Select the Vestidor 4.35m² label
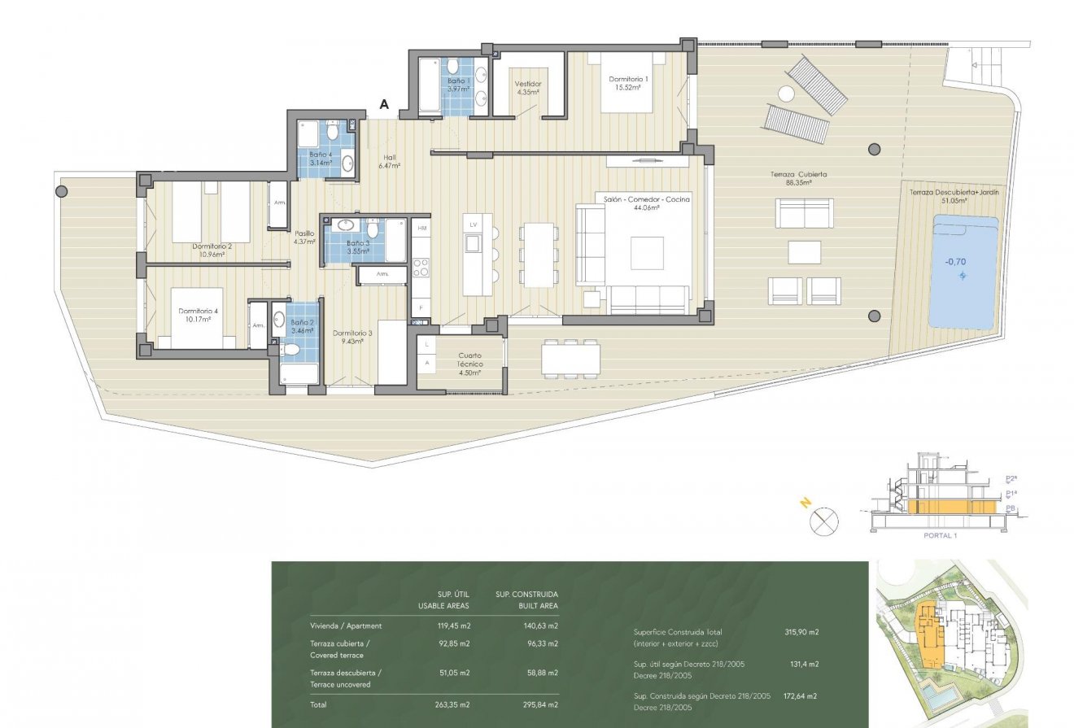(528, 88)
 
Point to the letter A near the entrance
(385, 104)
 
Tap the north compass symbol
(824, 521)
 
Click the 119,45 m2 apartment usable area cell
(453, 626)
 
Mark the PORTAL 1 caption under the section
(941, 536)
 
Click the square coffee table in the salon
(647, 252)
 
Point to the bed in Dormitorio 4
(195, 317)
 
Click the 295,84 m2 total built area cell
(541, 704)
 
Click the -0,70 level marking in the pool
(954, 263)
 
